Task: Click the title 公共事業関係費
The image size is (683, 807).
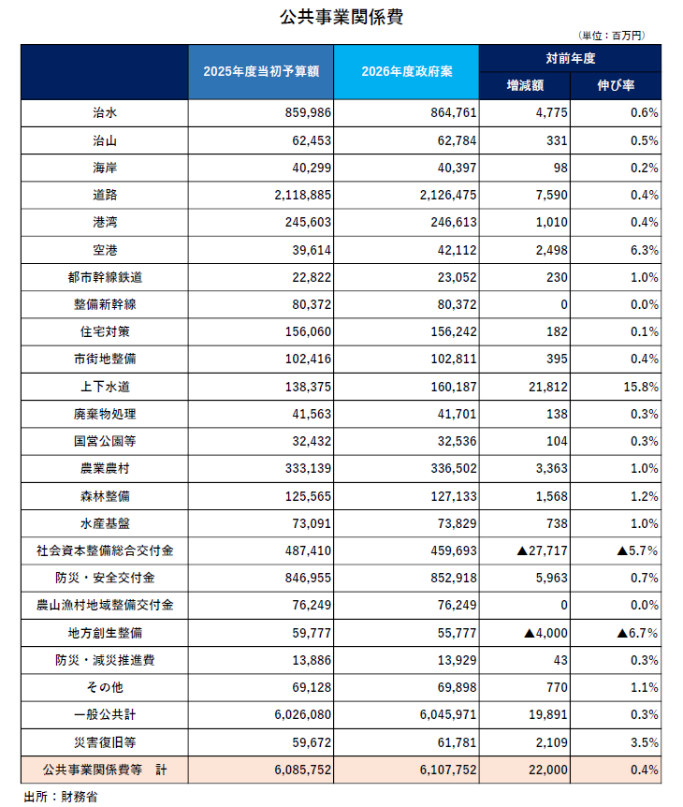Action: pos(341,16)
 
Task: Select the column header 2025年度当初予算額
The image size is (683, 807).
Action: pos(260,72)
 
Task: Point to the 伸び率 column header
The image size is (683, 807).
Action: pos(616,85)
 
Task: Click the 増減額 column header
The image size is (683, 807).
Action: pos(525,85)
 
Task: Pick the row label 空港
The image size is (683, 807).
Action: pos(105,250)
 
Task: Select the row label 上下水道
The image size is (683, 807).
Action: pos(105,387)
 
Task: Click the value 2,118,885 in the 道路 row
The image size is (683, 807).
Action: pos(304,196)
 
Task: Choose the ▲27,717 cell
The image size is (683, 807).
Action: pos(542,551)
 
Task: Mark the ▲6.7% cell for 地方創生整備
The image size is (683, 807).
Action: pos(637,634)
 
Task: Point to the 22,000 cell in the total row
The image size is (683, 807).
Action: pos(546,770)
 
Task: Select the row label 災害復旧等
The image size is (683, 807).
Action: pos(105,743)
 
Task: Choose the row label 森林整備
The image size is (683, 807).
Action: pos(105,496)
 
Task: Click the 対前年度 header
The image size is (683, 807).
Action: pos(570,58)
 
